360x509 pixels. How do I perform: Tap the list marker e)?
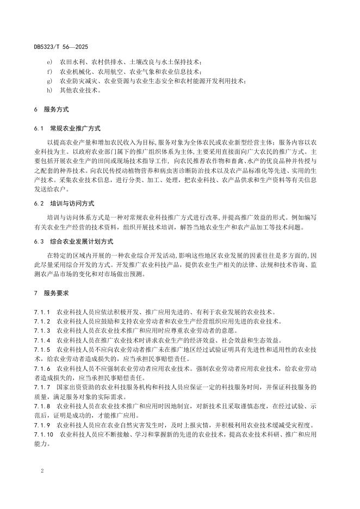pyautogui.click(x=49, y=61)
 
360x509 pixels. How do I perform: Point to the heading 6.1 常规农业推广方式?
pyautogui.click(x=68, y=128)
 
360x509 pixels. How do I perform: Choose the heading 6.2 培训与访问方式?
pyautogui.click(x=65, y=202)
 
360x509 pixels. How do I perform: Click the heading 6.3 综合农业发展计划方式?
pyautogui.click(x=74, y=241)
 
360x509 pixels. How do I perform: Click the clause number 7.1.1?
pyautogui.click(x=42, y=312)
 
